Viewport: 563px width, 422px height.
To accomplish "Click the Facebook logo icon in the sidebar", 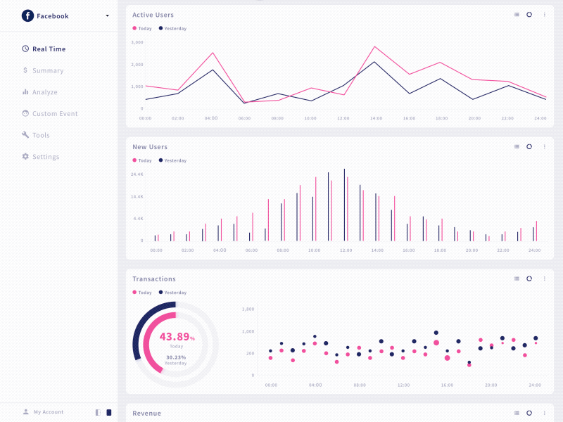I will [27, 15].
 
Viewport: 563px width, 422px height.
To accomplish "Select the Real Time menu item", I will [48, 49].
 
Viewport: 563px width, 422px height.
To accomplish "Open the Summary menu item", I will [47, 70].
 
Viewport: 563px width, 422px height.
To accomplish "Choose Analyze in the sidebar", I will [44, 92].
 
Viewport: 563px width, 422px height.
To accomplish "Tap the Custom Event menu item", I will [54, 114].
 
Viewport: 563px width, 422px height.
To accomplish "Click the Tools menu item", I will [41, 135].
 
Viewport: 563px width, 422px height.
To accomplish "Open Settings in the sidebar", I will [45, 157].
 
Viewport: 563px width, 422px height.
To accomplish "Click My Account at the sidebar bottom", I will [48, 412].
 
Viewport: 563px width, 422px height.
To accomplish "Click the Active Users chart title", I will [153, 15].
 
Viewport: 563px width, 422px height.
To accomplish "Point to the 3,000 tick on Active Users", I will [137, 42].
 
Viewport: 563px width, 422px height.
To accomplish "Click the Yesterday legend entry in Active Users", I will [172, 29].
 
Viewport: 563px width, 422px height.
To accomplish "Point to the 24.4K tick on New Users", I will [137, 174].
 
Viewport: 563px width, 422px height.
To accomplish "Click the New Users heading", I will [150, 147].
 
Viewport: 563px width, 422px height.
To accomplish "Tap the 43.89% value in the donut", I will [176, 337].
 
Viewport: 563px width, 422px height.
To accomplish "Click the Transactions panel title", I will [154, 279].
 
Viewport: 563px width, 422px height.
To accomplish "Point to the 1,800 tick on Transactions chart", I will [248, 309].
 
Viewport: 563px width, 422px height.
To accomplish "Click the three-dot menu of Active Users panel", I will [544, 15].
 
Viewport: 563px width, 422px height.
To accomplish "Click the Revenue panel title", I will [146, 414].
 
